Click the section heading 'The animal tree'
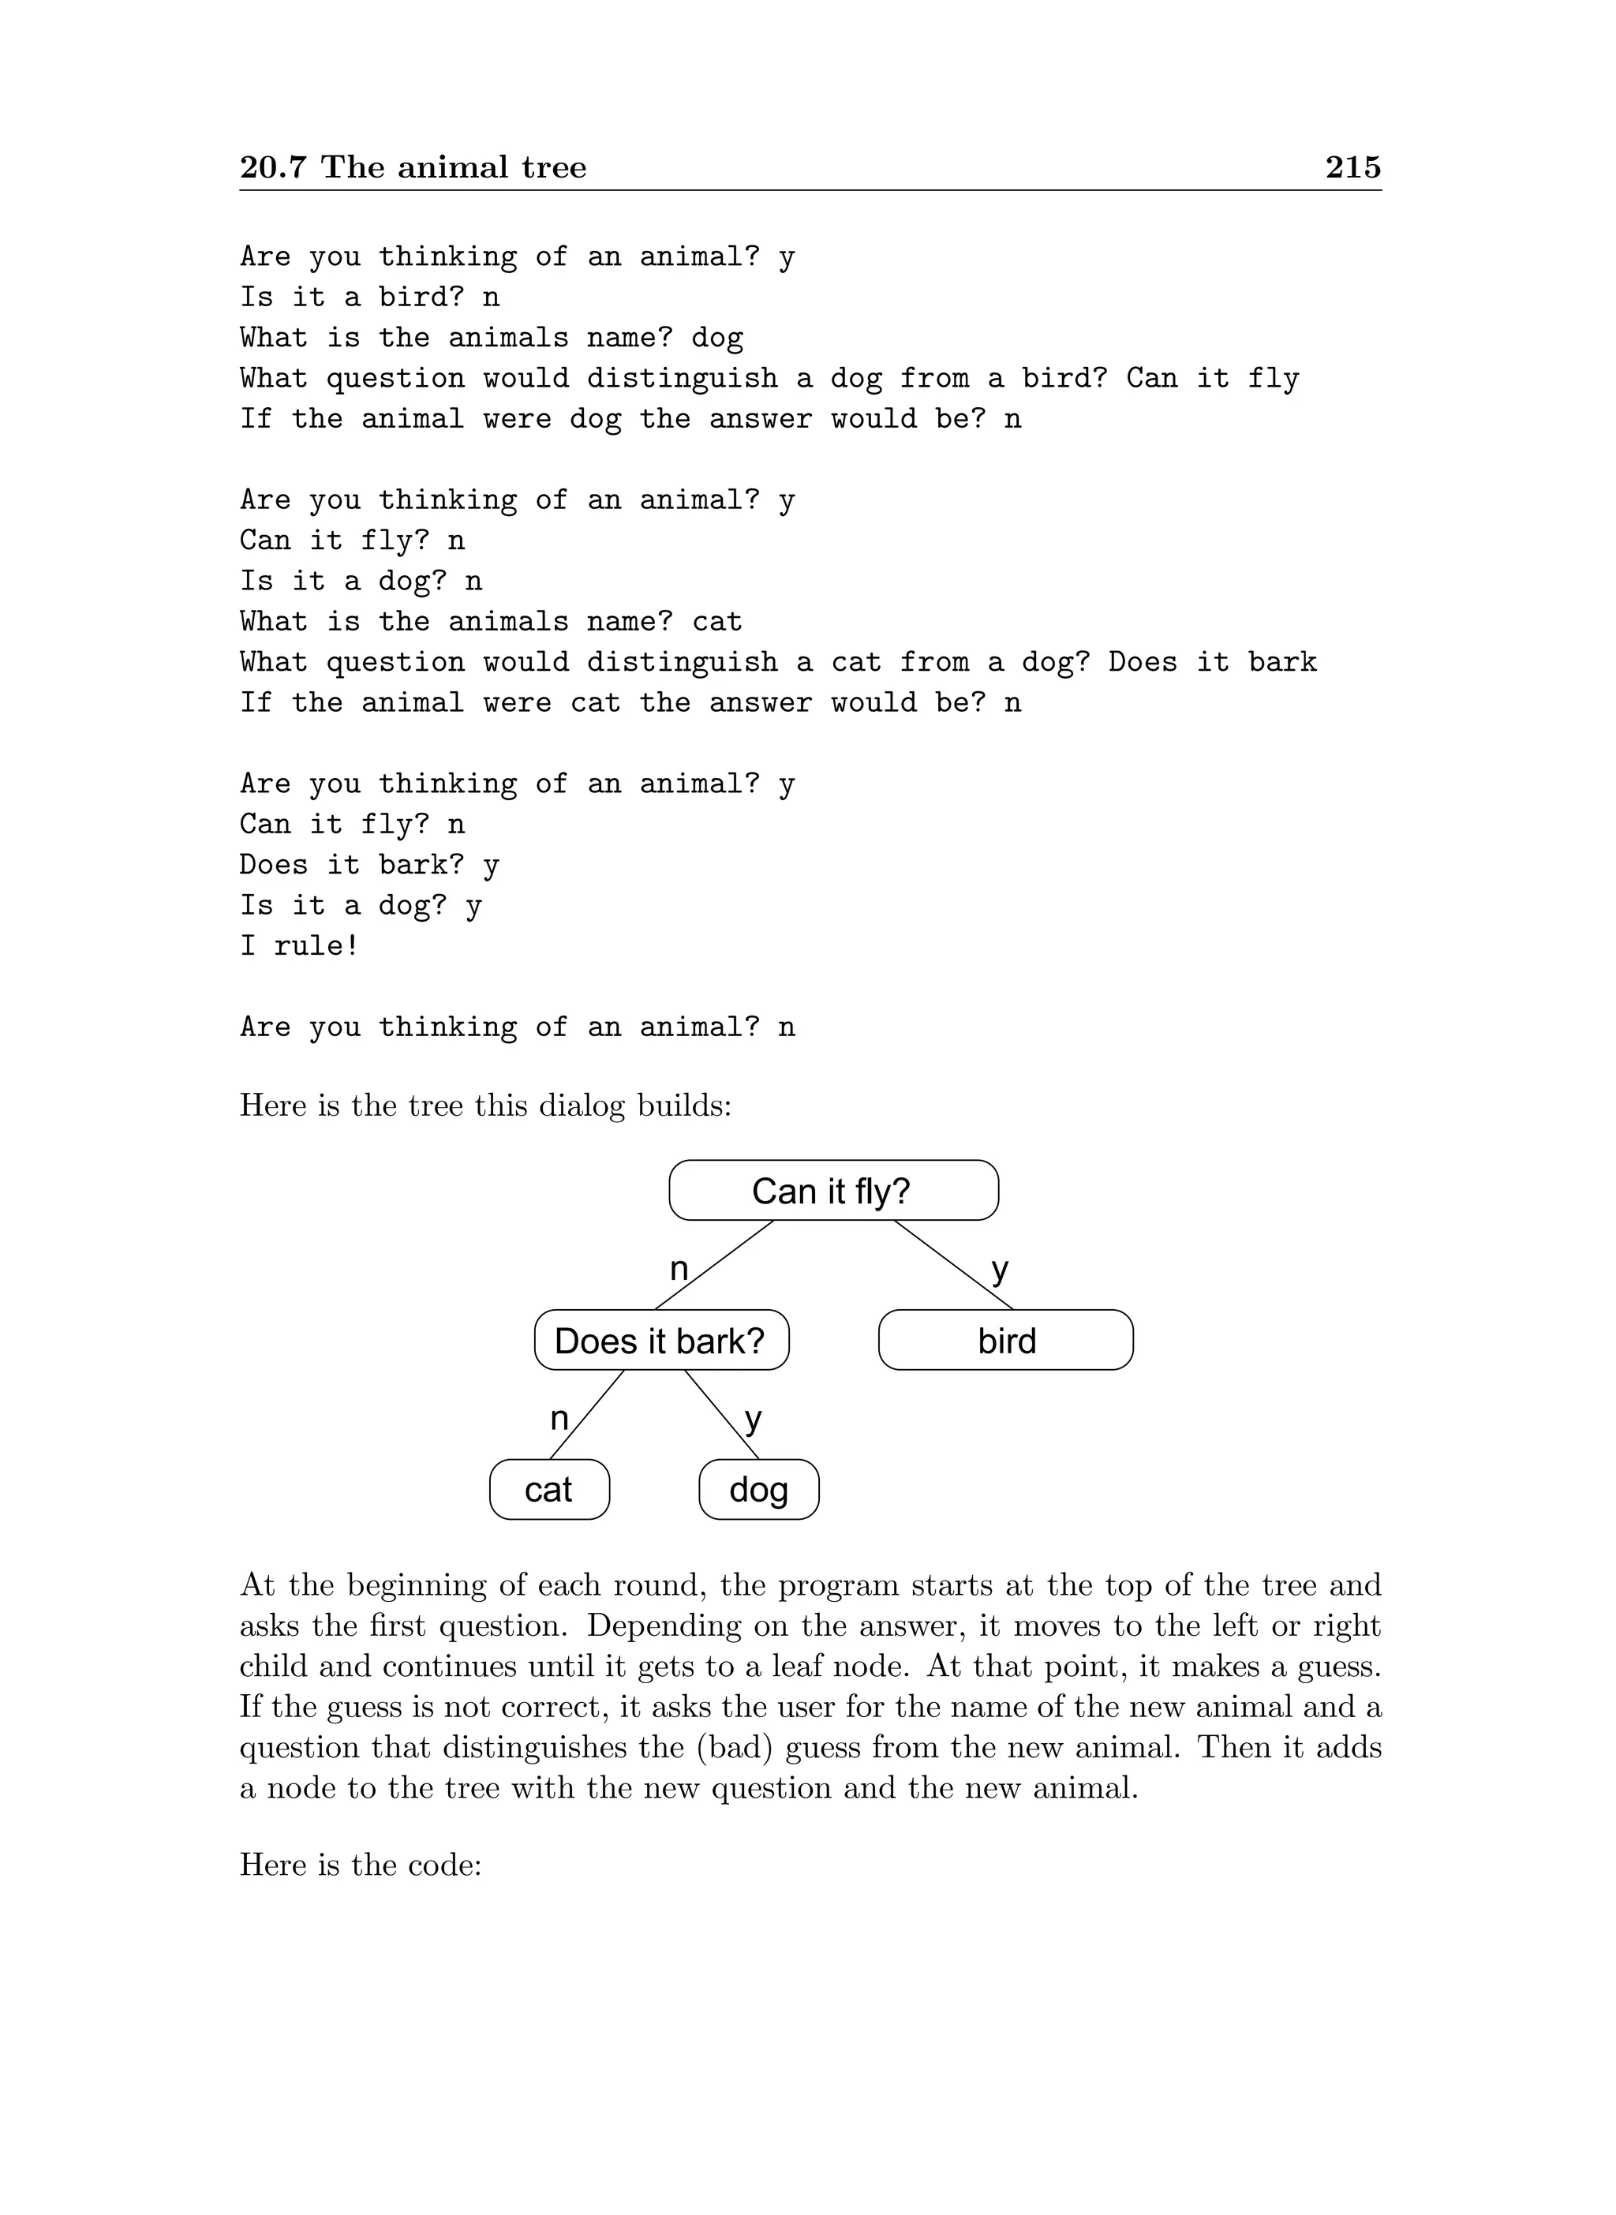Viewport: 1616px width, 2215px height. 453,167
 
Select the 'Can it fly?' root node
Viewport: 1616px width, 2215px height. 832,1191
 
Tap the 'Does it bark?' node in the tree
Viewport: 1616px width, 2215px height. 660,1341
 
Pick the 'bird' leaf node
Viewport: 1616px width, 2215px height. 1005,1341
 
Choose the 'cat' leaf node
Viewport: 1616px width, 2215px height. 548,1490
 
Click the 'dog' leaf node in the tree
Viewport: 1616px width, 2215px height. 758,1490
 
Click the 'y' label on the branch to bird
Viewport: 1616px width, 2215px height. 1000,1270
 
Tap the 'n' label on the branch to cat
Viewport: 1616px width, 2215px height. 559,1418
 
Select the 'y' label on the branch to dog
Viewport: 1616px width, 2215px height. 752,1419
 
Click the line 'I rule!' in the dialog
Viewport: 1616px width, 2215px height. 299,946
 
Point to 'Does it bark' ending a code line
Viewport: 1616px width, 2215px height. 1212,662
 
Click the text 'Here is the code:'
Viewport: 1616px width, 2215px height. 360,1865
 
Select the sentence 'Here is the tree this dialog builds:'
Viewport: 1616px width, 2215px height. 485,1106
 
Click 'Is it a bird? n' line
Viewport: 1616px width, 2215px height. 370,297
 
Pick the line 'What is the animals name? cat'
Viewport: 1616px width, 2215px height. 491,621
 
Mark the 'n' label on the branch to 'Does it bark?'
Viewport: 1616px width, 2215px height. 679,1269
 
